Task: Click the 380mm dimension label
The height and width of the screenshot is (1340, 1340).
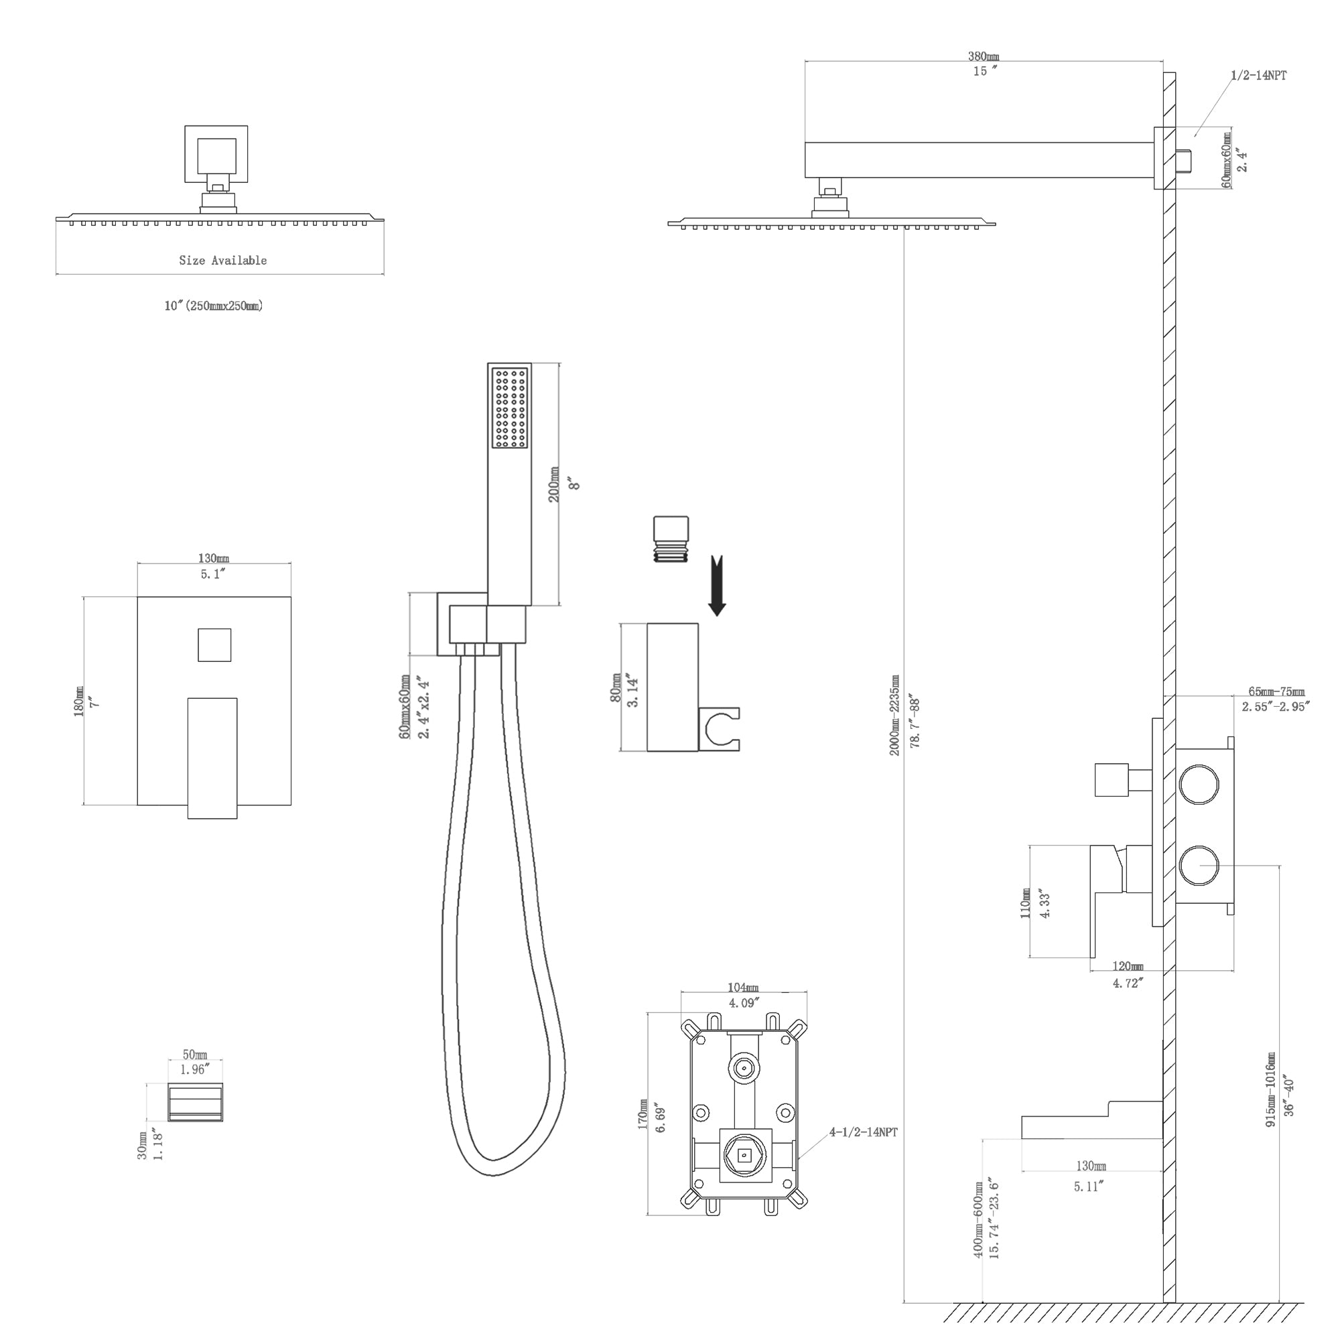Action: (984, 57)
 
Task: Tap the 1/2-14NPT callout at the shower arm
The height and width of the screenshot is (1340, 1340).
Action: (1259, 76)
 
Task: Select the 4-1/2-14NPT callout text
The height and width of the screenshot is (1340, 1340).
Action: (864, 1132)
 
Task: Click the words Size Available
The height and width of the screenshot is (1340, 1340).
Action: (222, 260)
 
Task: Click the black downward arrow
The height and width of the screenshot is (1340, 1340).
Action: (717, 586)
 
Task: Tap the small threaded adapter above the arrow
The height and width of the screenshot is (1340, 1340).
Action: (671, 539)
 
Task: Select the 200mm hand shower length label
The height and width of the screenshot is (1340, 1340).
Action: (554, 485)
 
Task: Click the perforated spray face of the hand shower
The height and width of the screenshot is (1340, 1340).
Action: (510, 408)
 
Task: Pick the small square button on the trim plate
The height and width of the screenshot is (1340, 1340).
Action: (214, 645)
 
